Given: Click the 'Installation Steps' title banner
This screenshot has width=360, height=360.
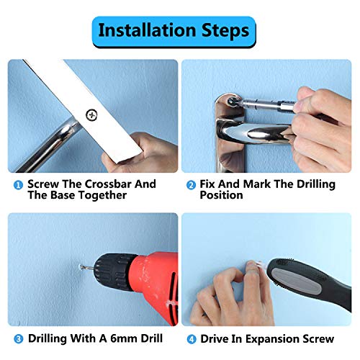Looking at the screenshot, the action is click(174, 32).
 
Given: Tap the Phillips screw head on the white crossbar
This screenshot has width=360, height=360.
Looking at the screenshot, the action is click(91, 115).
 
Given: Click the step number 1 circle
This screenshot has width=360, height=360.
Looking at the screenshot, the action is click(18, 185).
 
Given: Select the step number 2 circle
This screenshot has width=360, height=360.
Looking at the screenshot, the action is click(191, 185).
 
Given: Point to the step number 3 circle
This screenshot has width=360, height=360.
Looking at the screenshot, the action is click(19, 339).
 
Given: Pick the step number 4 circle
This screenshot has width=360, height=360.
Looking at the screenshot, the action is click(192, 339).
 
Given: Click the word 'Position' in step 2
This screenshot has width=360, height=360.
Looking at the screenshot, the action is click(221, 195).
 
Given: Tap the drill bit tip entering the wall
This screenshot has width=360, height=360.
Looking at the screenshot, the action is click(81, 266).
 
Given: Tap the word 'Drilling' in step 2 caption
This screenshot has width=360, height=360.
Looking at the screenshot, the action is click(316, 184).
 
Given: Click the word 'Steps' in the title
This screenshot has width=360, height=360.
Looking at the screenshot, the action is click(225, 31).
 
